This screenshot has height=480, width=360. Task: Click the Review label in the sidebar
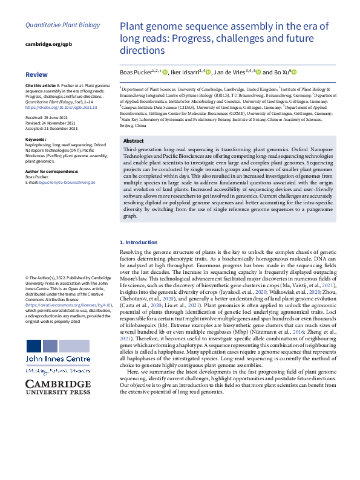click(36, 74)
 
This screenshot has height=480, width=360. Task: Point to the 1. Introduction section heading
click(140, 242)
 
